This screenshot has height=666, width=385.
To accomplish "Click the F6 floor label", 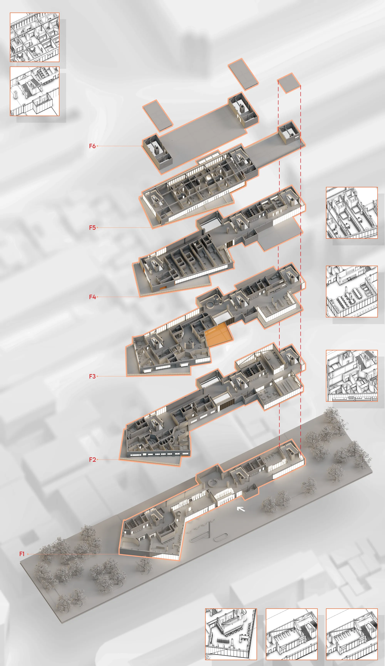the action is (92, 146).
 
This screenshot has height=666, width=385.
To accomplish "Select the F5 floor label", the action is (92, 228).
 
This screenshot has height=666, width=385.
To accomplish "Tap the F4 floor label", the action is (92, 297).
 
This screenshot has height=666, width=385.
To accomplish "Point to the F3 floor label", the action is (92, 376).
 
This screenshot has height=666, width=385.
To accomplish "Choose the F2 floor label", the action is (92, 460).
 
